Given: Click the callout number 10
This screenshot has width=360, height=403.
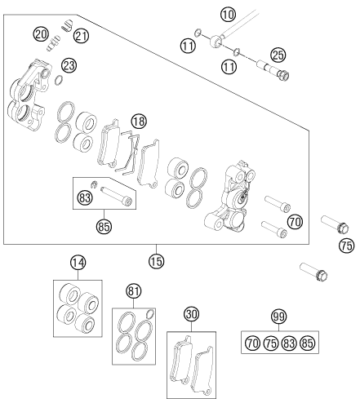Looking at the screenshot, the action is (228, 14).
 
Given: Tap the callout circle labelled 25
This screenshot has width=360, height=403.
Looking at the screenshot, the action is (278, 55).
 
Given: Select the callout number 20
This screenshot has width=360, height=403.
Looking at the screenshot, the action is (41, 34).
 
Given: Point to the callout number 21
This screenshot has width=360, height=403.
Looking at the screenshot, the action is (81, 36).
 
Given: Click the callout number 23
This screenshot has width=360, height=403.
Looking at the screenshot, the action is (69, 65).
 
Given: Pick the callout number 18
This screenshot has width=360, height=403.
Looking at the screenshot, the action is (139, 121).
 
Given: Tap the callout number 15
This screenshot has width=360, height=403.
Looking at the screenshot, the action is (157, 261).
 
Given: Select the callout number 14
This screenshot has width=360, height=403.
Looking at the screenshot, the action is (78, 263).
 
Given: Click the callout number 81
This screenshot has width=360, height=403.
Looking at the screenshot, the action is (134, 291).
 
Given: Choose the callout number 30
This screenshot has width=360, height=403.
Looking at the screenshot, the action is (191, 314).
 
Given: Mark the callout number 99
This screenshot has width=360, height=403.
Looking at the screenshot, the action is (279, 317).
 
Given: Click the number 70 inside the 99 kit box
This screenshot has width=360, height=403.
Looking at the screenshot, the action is (253, 343).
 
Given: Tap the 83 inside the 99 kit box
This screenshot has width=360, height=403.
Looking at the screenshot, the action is (289, 343).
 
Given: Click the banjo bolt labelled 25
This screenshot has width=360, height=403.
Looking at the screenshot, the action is (273, 70).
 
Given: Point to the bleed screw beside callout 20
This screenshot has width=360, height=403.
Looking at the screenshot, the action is (53, 43).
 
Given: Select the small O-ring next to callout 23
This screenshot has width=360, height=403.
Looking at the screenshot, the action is (59, 79).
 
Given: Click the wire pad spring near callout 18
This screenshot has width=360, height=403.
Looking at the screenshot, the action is (128, 152).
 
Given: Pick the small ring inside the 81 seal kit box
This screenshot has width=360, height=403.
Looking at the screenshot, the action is (150, 314).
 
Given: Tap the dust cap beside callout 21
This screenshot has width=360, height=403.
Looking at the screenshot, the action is (67, 24).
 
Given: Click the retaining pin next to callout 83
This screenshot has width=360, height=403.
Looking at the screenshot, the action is (116, 194).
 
